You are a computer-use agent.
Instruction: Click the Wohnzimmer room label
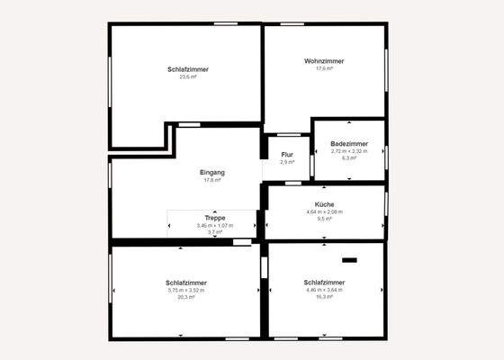324,60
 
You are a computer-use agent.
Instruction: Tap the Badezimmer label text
349,143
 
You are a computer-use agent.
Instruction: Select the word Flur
287,155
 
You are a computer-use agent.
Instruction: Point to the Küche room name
324,204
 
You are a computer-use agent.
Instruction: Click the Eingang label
212,172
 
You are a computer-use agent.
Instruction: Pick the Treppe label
214,218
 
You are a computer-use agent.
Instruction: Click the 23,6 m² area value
188,76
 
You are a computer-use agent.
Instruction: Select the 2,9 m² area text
287,162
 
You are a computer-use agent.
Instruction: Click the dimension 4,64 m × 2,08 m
324,211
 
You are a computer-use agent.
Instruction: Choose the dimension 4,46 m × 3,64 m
325,290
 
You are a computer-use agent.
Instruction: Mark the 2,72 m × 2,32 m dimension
349,150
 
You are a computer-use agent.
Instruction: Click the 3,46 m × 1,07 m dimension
214,225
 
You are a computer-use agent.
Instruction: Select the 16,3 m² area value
325,297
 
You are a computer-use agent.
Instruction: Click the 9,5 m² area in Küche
324,219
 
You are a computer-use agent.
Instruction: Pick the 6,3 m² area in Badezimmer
349,157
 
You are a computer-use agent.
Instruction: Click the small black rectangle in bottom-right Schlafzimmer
349,260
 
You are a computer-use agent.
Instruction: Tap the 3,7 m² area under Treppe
214,232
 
